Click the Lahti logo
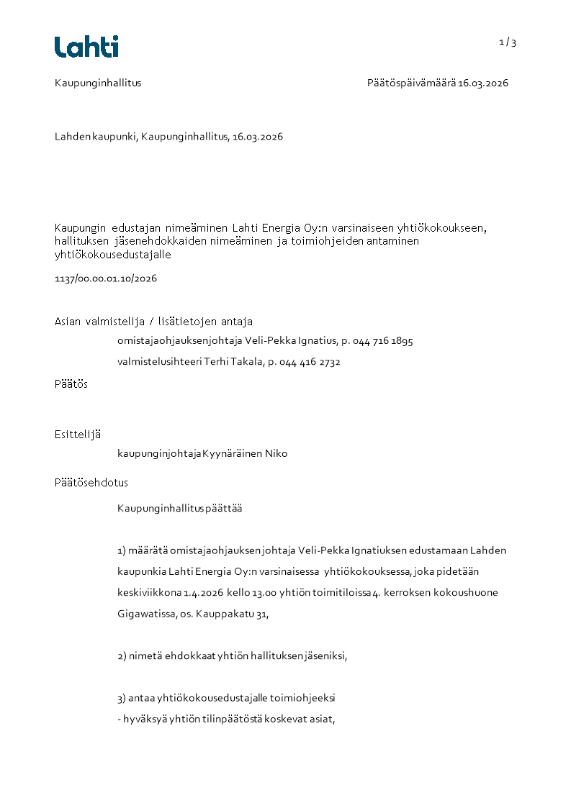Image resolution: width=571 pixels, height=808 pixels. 86,47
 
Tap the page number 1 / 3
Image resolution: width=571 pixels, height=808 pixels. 508,42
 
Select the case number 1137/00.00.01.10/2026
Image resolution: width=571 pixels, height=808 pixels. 106,278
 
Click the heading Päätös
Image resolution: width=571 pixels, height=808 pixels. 71,384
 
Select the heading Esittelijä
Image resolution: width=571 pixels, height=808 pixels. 78,434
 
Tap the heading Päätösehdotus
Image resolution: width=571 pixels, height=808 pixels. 91,482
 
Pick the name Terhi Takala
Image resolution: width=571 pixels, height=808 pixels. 233,362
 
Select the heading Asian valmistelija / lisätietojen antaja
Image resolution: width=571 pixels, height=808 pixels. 153,322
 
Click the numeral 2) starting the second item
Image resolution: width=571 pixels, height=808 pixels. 122,656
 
